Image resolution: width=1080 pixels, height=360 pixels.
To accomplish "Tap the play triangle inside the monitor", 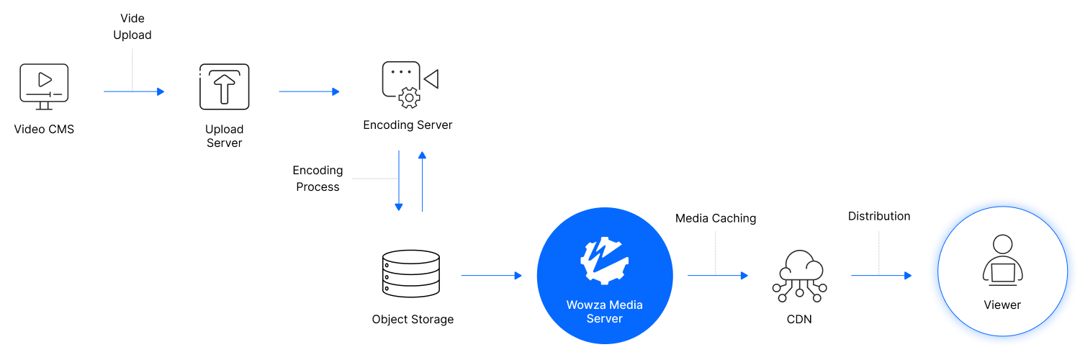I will coord(45,78).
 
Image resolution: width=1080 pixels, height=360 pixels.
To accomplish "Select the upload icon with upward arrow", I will coord(225,87).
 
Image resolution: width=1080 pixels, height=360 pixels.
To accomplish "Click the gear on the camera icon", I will coord(409,98).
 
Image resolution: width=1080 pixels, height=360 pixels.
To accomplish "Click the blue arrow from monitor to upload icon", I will coord(134,91).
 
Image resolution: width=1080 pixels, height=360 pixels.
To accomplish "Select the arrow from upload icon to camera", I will coord(309,91).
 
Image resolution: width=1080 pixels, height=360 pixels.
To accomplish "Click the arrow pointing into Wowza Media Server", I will coord(491,276).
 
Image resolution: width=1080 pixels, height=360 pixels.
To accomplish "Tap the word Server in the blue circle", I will coord(604,318).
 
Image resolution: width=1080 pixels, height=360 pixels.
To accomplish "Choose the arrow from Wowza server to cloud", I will coord(718,276).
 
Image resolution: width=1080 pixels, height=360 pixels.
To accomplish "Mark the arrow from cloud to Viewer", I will coord(881,276).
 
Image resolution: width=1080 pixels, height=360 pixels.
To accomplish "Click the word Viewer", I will coord(1002,305).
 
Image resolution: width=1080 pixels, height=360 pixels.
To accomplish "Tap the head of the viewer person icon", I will coord(1002,244).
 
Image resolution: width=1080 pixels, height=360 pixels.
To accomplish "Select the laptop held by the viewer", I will coord(1002,273).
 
